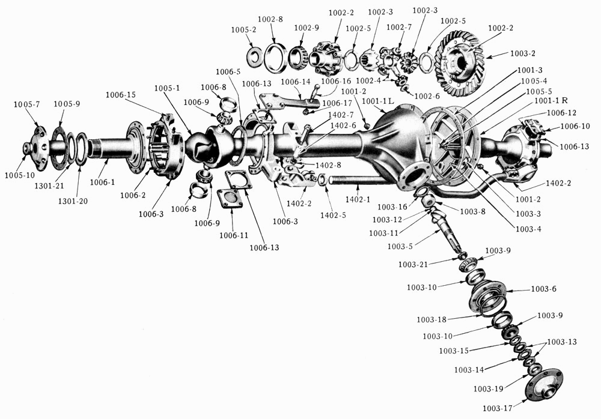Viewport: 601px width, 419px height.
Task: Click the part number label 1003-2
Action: pos(523,53)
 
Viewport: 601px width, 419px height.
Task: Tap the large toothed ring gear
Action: pos(460,63)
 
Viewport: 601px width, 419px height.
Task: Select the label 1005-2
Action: pos(243,29)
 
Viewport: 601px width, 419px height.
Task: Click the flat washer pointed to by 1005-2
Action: pos(254,56)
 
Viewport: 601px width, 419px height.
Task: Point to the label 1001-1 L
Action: pos(378,101)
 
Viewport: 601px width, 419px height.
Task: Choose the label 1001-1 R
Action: pos(551,100)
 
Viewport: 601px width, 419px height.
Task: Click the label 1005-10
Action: pos(20,175)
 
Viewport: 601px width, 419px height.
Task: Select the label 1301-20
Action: pos(73,200)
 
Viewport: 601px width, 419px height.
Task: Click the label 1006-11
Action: pos(234,235)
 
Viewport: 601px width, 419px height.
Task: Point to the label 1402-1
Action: pos(358,199)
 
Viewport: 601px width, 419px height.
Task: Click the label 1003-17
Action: pos(498,408)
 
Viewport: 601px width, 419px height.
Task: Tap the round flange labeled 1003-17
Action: pos(545,385)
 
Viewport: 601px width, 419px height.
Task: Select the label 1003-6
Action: pos(543,289)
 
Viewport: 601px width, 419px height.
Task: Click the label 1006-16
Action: pos(336,81)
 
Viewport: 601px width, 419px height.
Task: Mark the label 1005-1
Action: pos(166,88)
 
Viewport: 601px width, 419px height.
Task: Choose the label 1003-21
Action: pos(413,264)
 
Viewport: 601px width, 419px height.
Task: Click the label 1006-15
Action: pos(120,95)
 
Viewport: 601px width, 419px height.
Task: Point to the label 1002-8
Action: pos(270,19)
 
